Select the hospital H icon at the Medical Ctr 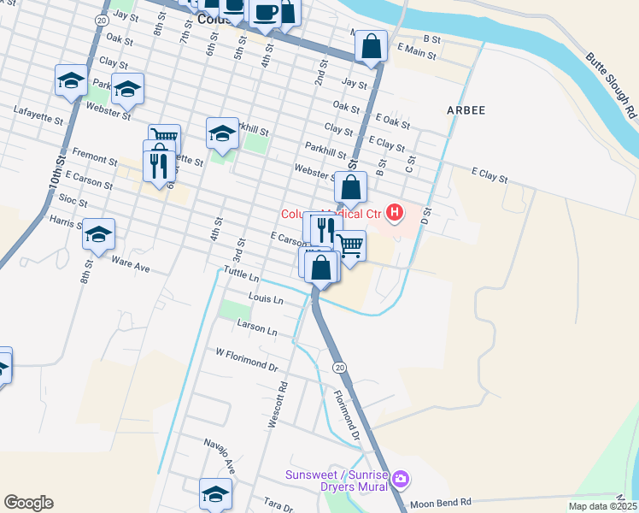tap(395, 211)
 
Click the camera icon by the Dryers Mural tap(402, 478)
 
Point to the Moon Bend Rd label tap(441, 502)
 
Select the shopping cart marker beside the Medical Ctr tap(350, 245)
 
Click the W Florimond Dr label tap(247, 358)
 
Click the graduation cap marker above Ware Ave tap(99, 234)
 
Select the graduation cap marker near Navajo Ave tap(215, 492)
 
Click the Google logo tap(28, 503)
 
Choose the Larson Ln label tap(260, 330)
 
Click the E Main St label tap(417, 53)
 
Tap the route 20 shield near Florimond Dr tap(339, 367)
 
